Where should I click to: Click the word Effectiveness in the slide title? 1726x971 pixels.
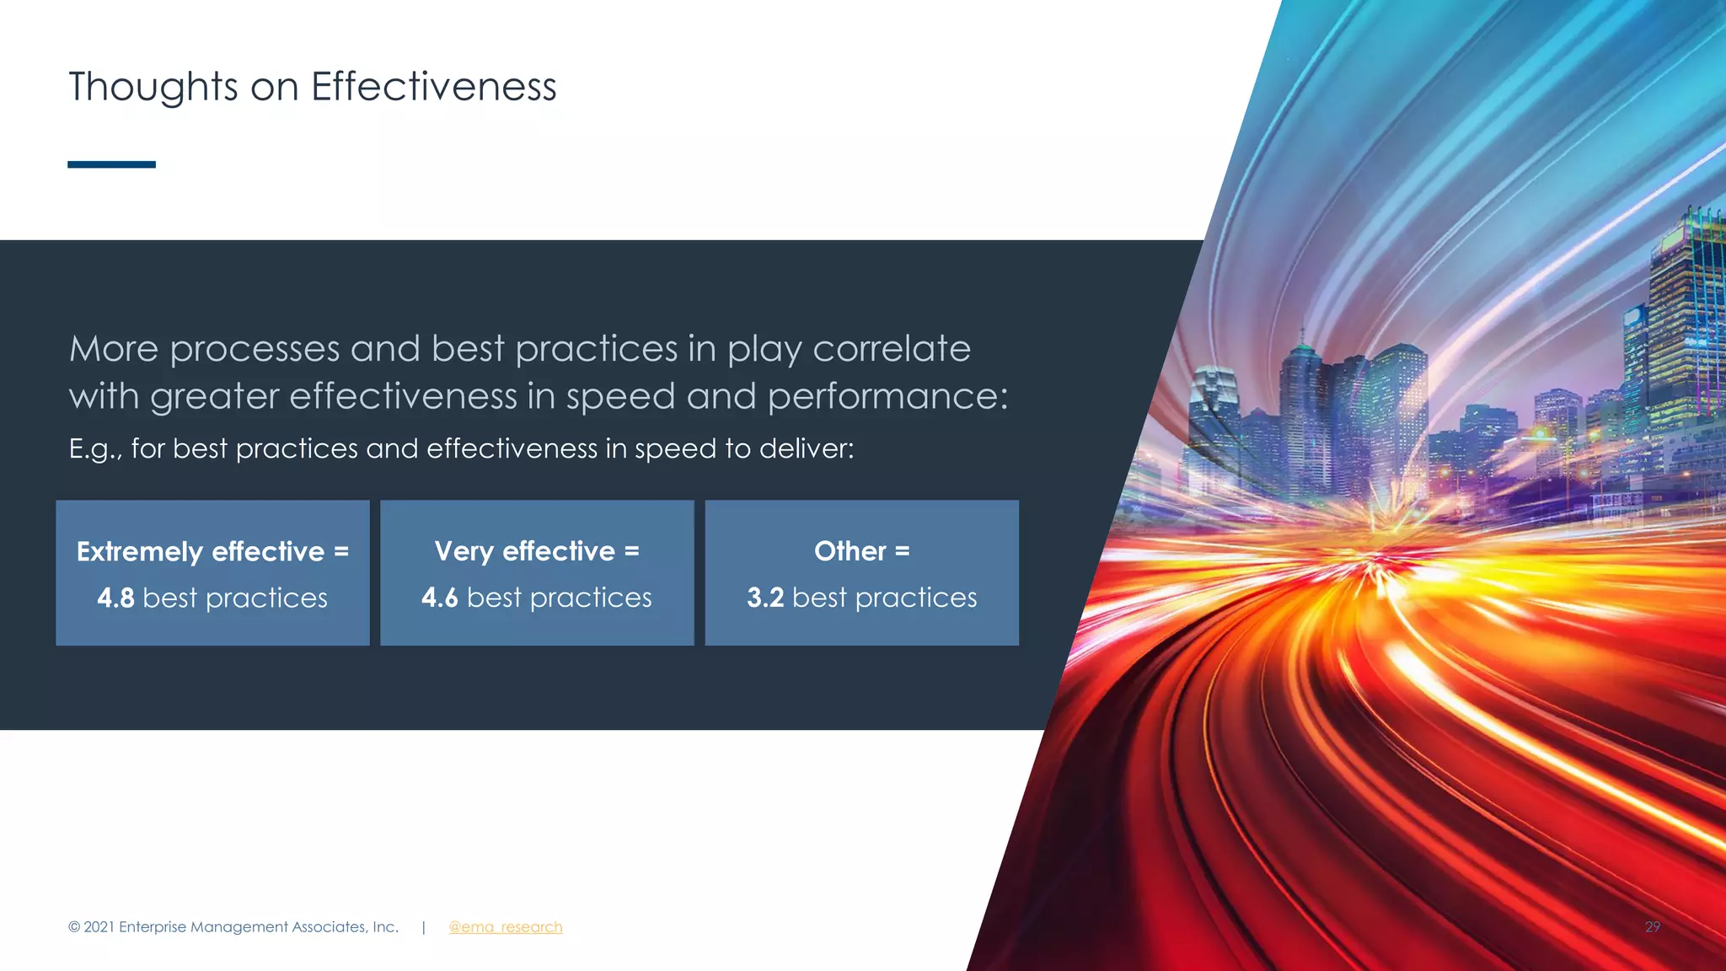click(433, 87)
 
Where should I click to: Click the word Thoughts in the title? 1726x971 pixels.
click(153, 88)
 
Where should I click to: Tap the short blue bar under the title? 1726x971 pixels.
click(111, 164)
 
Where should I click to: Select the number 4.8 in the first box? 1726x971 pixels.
click(115, 598)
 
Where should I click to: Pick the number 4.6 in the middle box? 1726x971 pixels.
click(439, 598)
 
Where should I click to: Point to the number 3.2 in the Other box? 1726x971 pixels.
click(764, 598)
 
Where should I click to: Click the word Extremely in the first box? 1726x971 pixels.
click(139, 552)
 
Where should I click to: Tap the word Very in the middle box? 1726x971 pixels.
click(464, 551)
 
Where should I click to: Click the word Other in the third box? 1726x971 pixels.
click(850, 551)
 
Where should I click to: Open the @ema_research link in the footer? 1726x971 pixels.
click(505, 927)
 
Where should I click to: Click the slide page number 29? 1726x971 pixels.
click(1652, 927)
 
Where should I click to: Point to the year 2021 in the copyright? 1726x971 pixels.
click(99, 927)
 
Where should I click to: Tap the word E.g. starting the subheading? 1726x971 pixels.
click(94, 449)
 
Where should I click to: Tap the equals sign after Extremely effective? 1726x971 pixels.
click(341, 552)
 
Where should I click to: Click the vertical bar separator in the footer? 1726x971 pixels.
click(423, 927)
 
